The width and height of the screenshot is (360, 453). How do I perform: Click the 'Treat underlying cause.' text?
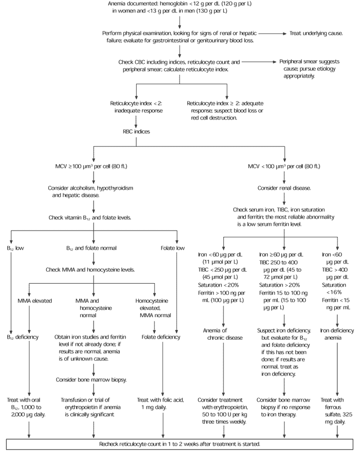tap(323, 33)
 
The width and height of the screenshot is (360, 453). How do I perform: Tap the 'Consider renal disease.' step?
tap(284, 188)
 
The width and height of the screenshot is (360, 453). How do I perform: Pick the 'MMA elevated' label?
tap(35, 301)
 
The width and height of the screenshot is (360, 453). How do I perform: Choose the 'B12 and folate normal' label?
tap(92, 248)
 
